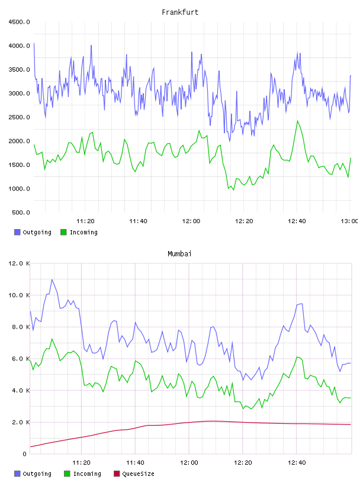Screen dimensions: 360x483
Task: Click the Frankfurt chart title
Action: pos(180,12)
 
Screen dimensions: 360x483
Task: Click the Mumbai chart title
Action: pos(179,254)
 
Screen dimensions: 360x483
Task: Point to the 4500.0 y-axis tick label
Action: pos(20,22)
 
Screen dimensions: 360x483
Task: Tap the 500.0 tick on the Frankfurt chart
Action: pos(21,212)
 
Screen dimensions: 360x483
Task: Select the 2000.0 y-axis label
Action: pos(20,141)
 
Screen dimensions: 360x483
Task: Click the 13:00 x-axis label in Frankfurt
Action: pos(349,221)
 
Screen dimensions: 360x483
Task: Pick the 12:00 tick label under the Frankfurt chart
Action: pos(191,221)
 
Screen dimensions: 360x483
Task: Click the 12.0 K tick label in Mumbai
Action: pos(20,263)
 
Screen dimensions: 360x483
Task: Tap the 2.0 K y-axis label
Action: pos(21,422)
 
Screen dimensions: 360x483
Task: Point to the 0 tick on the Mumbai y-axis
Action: pos(25,454)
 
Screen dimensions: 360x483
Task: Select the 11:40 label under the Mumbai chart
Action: pos(135,463)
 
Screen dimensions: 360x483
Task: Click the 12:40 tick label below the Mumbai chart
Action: pos(297,463)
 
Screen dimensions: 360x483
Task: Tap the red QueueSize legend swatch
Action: pos(117,474)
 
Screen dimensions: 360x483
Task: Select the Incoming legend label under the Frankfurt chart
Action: pos(83,232)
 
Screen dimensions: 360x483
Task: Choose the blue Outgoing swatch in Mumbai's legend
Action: pos(17,474)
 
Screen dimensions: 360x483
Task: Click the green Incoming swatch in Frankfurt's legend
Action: pos(63,232)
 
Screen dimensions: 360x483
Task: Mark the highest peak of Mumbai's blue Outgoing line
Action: pos(52,279)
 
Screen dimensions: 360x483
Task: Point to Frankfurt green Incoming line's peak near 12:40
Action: pos(297,121)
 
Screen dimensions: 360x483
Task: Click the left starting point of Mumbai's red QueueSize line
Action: pos(31,447)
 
